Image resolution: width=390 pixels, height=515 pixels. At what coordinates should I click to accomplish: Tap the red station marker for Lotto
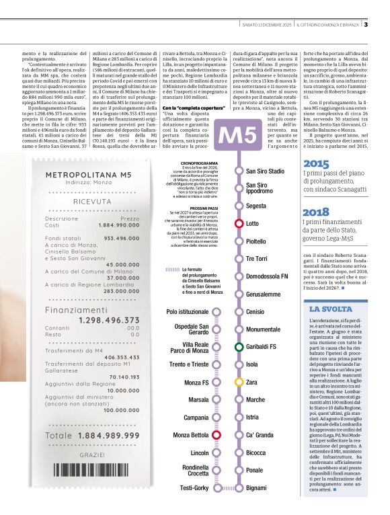coord(239,223)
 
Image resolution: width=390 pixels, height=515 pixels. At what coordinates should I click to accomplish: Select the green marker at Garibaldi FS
coord(239,347)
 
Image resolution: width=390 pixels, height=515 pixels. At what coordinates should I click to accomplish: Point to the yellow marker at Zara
coord(239,382)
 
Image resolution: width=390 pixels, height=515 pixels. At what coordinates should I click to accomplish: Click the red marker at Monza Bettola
coord(217,435)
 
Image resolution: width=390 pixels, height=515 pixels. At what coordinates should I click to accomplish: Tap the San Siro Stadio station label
coord(265,171)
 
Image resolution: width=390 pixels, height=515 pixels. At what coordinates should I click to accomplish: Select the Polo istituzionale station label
coord(188,312)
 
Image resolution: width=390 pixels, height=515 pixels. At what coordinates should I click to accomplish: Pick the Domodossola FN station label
coord(267,276)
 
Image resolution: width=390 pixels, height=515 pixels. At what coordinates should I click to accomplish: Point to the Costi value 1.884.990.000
coord(119,225)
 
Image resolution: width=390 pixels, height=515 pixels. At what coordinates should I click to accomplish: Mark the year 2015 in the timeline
coord(316,163)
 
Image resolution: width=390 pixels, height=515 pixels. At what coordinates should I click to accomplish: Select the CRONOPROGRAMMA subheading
coord(200,163)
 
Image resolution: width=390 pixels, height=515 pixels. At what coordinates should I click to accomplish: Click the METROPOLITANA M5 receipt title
coord(88,175)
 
